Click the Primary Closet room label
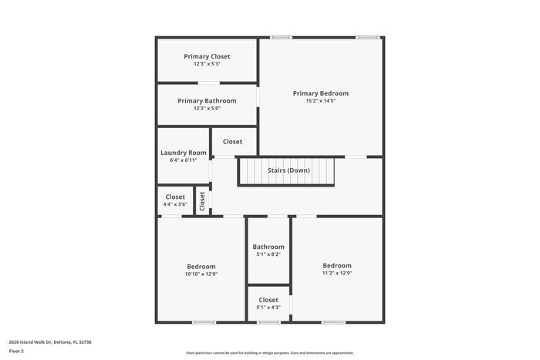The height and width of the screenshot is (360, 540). [207, 56]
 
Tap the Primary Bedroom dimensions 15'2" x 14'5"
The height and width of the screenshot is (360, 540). [321, 101]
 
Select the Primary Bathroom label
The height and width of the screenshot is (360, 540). [207, 100]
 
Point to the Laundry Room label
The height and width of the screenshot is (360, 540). [184, 153]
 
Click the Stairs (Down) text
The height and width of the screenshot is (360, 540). [289, 170]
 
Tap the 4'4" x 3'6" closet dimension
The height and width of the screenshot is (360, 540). [175, 204]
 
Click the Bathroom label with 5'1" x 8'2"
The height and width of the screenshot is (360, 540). [268, 247]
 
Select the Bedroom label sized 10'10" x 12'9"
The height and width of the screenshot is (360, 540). [201, 266]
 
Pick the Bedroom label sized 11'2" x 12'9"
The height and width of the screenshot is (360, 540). [337, 265]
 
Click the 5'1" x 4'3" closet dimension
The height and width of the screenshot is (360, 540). [268, 308]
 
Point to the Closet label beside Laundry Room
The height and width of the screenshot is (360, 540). [232, 142]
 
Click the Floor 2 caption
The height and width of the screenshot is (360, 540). [16, 351]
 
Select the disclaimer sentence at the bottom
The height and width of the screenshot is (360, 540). [269, 352]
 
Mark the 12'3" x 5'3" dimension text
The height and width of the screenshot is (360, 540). [207, 64]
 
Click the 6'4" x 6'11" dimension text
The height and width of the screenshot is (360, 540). [184, 160]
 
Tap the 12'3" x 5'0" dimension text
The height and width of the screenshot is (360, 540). [207, 109]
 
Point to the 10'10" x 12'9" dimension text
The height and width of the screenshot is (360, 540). [201, 274]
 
